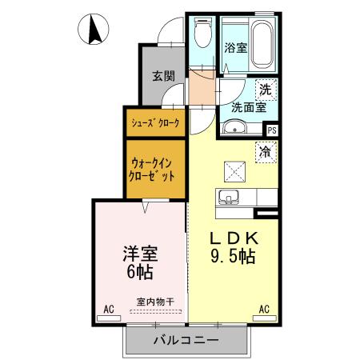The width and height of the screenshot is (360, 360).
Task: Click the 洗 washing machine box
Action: tap(263, 90)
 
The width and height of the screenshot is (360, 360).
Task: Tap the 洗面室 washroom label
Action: tap(248, 106)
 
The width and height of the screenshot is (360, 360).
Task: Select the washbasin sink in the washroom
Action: tap(235, 126)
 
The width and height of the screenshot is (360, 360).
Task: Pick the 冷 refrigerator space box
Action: tap(264, 150)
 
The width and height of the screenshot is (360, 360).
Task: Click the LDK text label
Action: tap(234, 239)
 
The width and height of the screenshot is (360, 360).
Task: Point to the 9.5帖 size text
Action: tap(234, 257)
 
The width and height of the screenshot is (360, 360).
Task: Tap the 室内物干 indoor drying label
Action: tap(155, 302)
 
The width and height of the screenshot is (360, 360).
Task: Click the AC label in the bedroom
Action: tap(108, 307)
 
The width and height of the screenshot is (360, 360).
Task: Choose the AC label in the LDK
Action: tap(263, 307)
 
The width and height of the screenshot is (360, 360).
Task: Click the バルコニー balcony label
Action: tap(186, 340)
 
